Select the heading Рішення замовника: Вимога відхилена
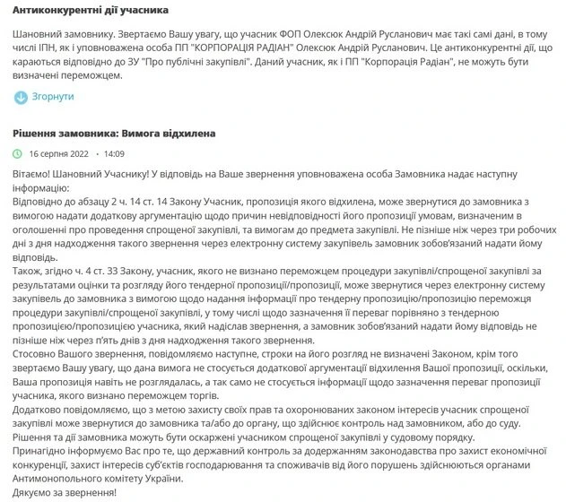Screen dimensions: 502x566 (114, 133)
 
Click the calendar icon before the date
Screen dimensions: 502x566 (19, 153)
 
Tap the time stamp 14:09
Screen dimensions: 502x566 (114, 153)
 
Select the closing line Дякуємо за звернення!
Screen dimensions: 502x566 (65, 493)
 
